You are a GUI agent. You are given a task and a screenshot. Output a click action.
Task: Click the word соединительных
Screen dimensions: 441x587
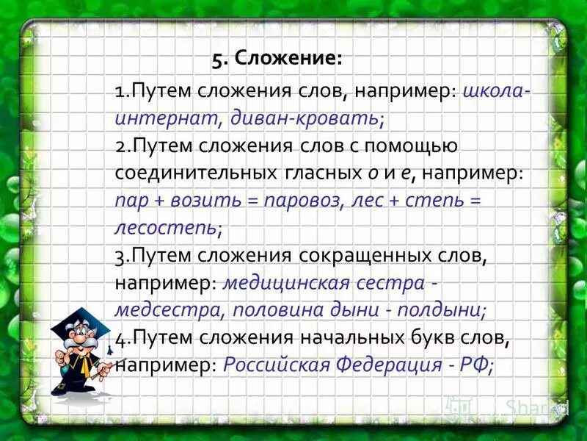pyautogui.click(x=194, y=172)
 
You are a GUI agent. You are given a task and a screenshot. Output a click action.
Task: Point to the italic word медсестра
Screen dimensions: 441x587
pyautogui.click(x=165, y=309)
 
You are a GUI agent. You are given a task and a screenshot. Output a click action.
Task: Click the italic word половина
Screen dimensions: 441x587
pyautogui.click(x=278, y=309)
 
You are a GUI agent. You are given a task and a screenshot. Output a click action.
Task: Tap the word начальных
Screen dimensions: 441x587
pyautogui.click(x=346, y=337)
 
